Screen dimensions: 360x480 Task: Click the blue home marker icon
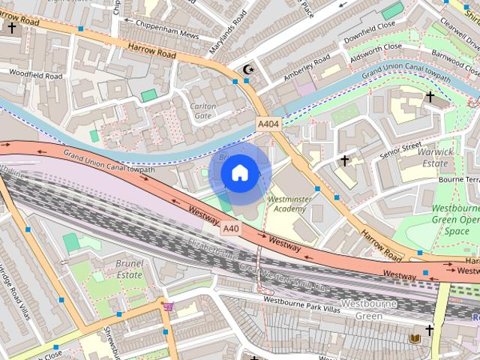pos(239,173)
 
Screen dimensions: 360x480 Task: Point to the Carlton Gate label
pos(203,111)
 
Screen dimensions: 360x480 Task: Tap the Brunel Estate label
pos(119,269)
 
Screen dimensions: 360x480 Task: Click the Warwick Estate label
pos(436,157)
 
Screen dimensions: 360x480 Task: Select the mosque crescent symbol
pos(248,70)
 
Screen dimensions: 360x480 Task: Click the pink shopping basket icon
pos(168,306)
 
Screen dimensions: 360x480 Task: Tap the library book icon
pos(415,339)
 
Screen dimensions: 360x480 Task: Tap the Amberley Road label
pos(307,69)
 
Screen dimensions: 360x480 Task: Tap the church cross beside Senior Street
pos(345,160)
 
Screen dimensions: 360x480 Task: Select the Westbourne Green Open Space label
pos(455,220)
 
